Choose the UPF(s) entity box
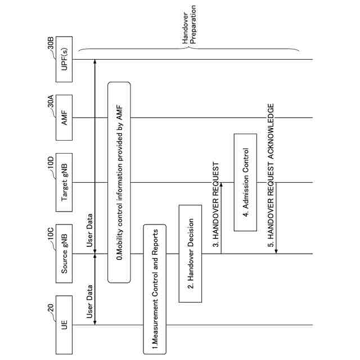(65, 58)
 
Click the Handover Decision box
(190, 253)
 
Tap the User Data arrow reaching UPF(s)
(95, 157)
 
